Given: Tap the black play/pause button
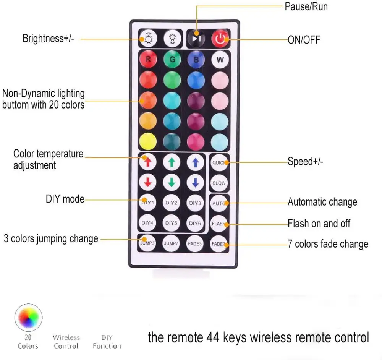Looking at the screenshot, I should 196,39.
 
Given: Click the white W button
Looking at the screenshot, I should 220,60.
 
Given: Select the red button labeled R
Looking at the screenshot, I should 148,60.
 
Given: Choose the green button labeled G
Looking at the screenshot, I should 172,60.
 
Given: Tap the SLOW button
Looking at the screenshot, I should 219,183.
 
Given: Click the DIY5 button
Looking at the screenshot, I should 172,222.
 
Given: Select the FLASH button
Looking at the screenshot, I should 219,224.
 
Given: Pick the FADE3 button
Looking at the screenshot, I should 195,243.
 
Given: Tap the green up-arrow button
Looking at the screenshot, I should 172,162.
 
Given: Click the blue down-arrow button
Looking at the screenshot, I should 195,183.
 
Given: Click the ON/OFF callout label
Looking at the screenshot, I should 304,40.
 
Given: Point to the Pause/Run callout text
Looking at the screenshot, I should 306,6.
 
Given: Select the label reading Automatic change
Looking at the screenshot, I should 322,202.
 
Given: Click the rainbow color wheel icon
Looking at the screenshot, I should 28,317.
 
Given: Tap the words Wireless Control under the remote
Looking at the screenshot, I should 66,342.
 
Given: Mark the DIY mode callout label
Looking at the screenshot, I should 65,199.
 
